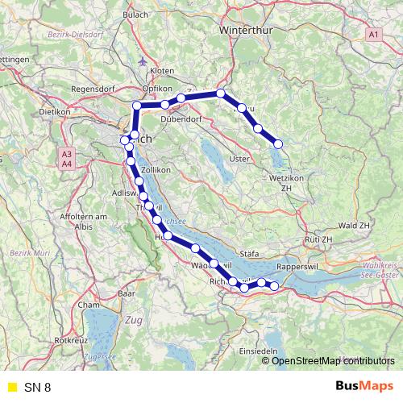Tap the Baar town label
[126, 295]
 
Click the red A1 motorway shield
[372, 35]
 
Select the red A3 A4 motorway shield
[66, 158]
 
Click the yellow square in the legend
[12, 387]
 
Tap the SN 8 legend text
[37, 387]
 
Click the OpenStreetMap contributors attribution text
[330, 360]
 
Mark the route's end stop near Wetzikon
[278, 143]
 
